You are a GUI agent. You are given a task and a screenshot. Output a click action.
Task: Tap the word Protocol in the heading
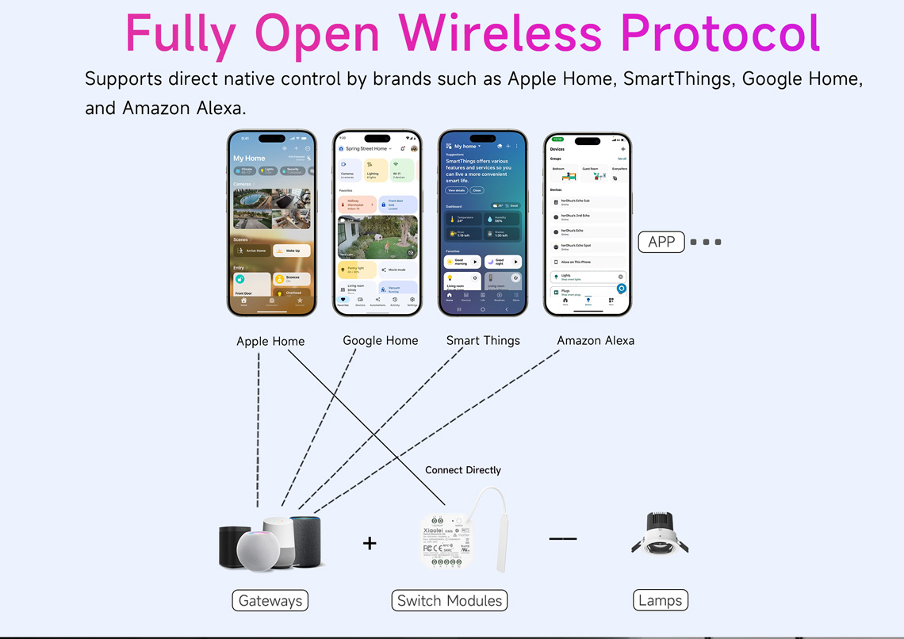720,33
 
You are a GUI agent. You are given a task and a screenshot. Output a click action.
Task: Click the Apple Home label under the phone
270,341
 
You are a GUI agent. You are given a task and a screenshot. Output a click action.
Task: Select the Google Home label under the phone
380,340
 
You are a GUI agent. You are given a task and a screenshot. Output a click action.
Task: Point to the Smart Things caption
483,340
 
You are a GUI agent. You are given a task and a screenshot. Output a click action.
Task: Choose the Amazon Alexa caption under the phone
596,340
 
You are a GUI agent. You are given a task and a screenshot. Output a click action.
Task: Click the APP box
661,242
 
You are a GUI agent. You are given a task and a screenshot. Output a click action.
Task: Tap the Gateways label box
270,600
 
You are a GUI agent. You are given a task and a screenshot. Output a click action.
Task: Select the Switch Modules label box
450,600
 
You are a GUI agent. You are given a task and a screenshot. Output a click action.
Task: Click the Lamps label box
661,600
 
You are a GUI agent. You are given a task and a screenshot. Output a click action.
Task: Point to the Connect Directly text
463,470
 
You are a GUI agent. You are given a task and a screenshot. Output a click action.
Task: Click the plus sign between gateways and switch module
370,543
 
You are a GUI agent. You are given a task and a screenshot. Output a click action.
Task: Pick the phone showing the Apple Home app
272,224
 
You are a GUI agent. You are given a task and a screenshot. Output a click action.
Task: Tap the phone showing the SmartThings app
482,224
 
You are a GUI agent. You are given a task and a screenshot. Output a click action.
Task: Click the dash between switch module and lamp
563,539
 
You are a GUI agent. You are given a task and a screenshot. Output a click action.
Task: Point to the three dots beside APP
706,242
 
